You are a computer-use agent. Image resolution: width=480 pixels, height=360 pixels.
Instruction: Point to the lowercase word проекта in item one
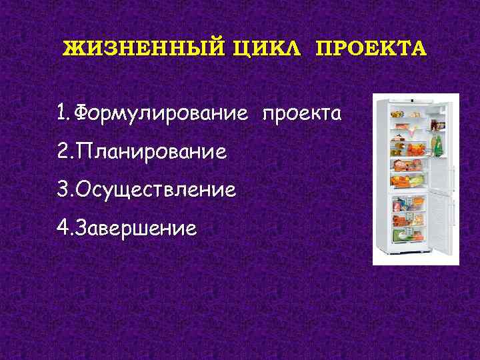pyautogui.click(x=301, y=113)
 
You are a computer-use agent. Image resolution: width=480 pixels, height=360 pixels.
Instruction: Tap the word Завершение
pyautogui.click(x=137, y=229)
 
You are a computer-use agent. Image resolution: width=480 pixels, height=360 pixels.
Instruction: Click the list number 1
pyautogui.click(x=63, y=113)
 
